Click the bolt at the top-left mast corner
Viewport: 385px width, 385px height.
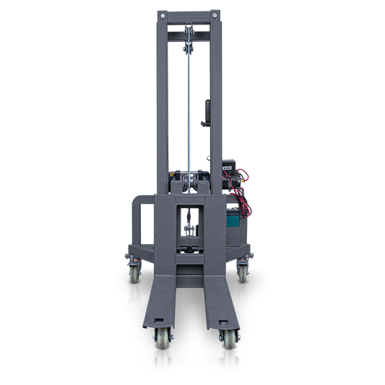tap(163, 14)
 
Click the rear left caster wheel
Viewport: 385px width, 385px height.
tap(135, 273)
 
